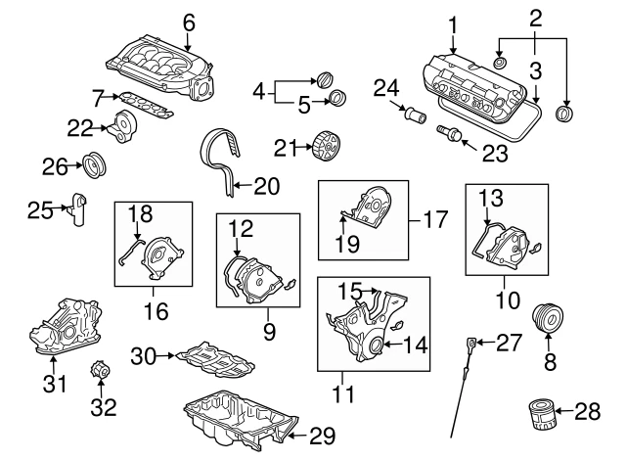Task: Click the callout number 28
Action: point(588,413)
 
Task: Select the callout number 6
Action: point(189,21)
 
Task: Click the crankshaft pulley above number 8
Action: point(548,320)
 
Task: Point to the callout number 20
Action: point(267,183)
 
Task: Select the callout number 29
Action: point(322,434)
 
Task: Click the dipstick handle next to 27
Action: point(471,343)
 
